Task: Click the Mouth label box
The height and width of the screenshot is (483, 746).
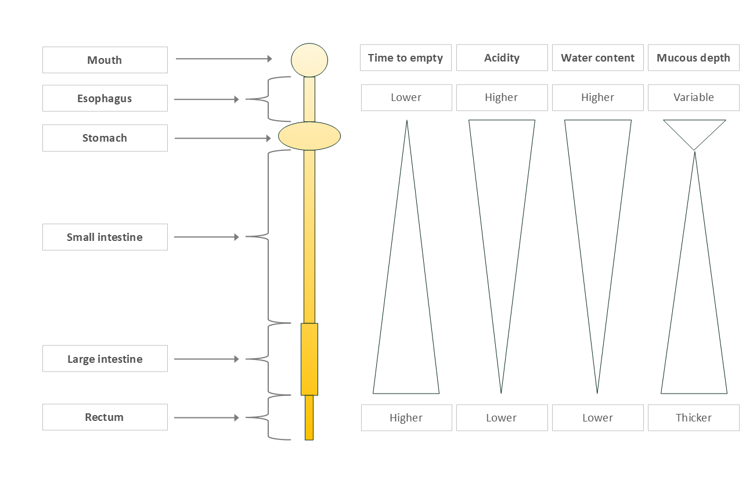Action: (104, 60)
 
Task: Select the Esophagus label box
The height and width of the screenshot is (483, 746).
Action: (104, 98)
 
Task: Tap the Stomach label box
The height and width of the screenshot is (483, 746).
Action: (104, 138)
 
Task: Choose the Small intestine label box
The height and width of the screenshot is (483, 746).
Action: (104, 237)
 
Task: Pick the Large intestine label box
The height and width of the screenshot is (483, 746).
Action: (104, 359)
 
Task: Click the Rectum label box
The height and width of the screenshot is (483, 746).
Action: (104, 417)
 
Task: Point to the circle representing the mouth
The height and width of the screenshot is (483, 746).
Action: (309, 60)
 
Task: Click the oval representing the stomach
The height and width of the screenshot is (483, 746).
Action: (309, 136)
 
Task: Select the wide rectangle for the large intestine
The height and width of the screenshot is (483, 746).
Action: (309, 359)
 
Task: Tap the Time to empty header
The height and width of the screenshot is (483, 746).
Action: (405, 57)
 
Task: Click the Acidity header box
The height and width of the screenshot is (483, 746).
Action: (502, 57)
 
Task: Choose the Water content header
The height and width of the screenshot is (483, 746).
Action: (597, 57)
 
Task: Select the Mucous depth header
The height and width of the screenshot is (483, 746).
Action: (693, 58)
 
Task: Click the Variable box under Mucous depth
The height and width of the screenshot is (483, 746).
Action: (693, 97)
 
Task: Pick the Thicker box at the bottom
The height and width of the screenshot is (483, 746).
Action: (693, 417)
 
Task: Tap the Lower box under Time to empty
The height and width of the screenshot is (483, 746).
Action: (406, 97)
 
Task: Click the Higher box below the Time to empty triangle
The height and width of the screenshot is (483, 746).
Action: (406, 417)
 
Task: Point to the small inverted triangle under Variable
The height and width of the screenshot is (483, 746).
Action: (694, 131)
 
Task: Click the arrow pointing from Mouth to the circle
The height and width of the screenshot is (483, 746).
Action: (224, 59)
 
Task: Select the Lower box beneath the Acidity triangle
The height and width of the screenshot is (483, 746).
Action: (502, 417)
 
